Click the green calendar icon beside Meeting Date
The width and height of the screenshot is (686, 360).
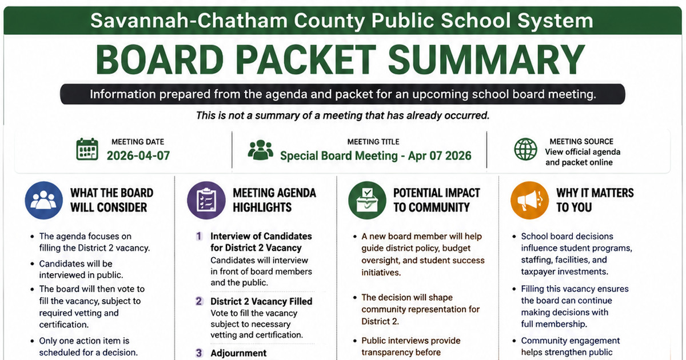87,149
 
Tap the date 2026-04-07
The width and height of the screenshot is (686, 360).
138,156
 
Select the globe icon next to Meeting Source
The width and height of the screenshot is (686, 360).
525,149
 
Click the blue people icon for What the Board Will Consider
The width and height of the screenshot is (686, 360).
44,200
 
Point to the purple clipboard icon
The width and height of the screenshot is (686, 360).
206,200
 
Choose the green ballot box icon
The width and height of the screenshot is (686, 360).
367,200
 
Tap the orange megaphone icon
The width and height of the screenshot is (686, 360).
529,200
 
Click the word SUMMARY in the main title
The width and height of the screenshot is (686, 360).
487,59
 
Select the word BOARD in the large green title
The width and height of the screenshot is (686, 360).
159,59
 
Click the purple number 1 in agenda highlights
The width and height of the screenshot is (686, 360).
199,237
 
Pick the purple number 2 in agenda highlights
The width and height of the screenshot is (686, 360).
199,302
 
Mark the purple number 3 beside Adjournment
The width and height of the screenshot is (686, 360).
199,353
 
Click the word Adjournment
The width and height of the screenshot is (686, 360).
238,353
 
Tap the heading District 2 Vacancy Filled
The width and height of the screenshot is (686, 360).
261,302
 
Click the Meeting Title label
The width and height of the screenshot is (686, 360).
373,142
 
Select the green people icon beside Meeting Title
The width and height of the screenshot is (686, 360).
261,150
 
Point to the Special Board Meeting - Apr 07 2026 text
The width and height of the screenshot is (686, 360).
376,156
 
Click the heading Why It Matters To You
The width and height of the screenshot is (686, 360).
595,200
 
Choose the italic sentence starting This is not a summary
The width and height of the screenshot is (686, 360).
342,115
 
